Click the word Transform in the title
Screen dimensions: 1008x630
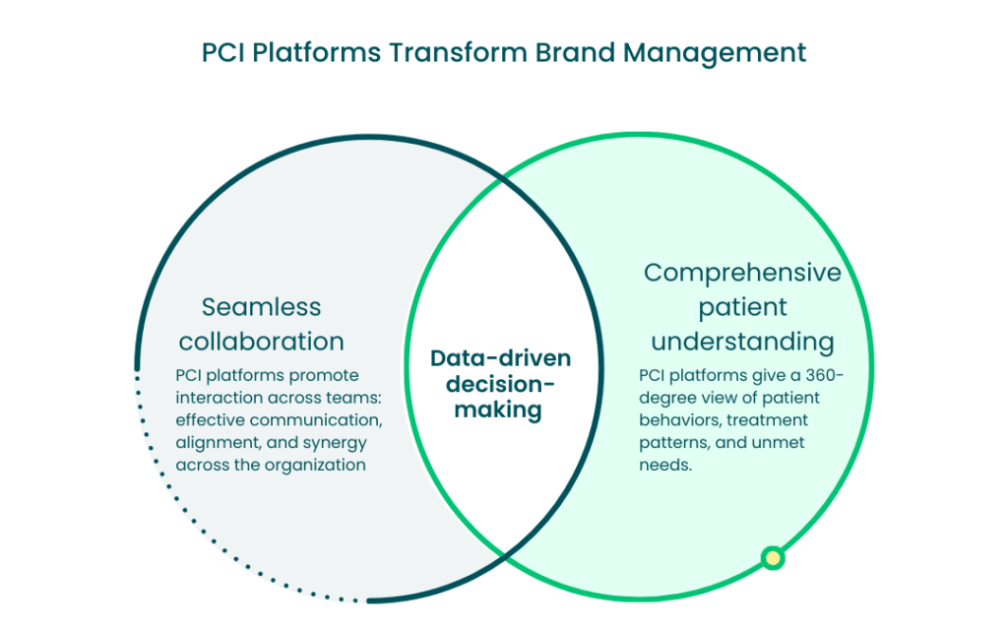[458, 53]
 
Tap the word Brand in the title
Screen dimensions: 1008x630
[575, 53]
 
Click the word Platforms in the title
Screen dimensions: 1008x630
[316, 53]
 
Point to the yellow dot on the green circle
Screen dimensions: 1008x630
[773, 557]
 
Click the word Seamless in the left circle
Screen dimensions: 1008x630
[261, 307]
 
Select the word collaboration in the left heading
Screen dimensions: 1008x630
[261, 342]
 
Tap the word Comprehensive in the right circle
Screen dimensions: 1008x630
[742, 274]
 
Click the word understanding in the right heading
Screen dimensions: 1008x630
[742, 343]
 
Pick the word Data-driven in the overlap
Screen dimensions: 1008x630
[500, 358]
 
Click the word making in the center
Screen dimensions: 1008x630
[498, 410]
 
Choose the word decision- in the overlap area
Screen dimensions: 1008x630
[500, 385]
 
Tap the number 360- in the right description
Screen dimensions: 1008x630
[825, 375]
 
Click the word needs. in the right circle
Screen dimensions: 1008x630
[665, 465]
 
